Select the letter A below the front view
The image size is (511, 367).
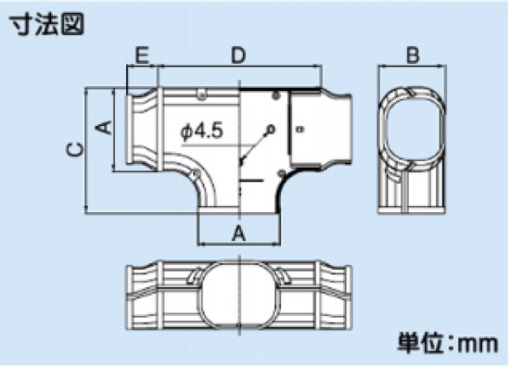click(x=239, y=232)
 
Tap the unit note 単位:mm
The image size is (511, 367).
click(x=449, y=344)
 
